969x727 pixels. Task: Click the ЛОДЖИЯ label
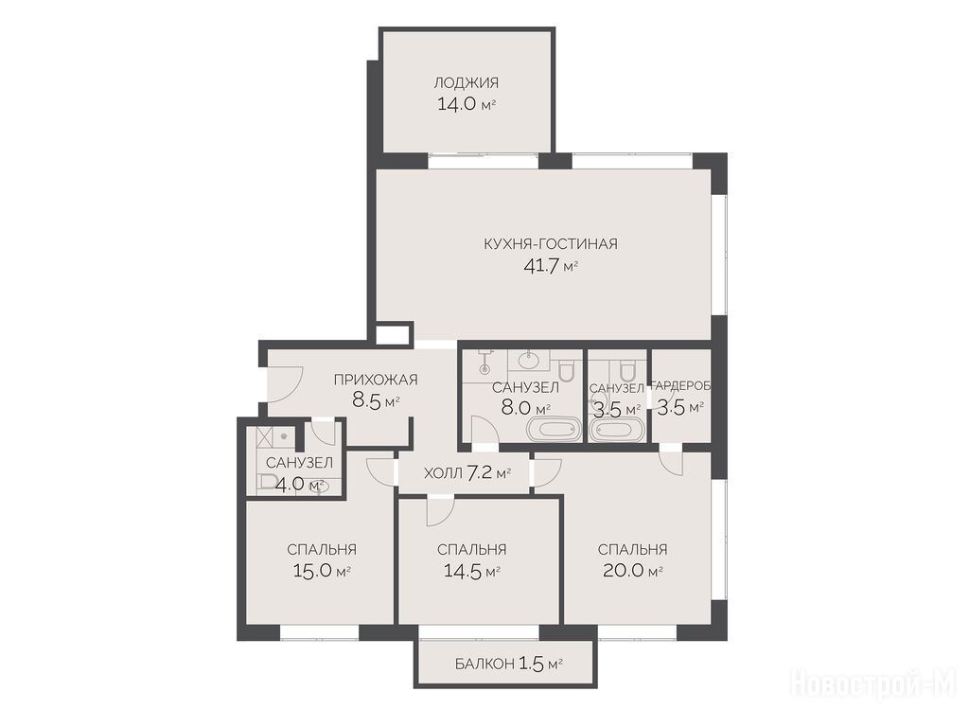click(466, 83)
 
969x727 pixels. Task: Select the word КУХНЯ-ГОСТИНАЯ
click(551, 243)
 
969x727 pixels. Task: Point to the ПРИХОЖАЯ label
click(376, 380)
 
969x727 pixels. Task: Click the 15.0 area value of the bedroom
click(313, 571)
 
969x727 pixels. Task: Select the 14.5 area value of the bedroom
click(463, 571)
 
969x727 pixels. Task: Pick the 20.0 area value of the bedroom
click(623, 571)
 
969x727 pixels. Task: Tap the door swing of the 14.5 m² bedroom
click(440, 510)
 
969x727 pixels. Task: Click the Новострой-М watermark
click(873, 684)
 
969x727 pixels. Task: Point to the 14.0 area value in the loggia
click(457, 104)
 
